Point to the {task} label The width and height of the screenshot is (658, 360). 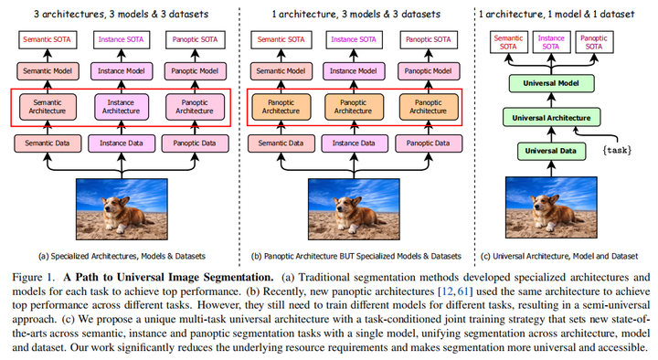618,149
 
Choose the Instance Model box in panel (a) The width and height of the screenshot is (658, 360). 121,69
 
